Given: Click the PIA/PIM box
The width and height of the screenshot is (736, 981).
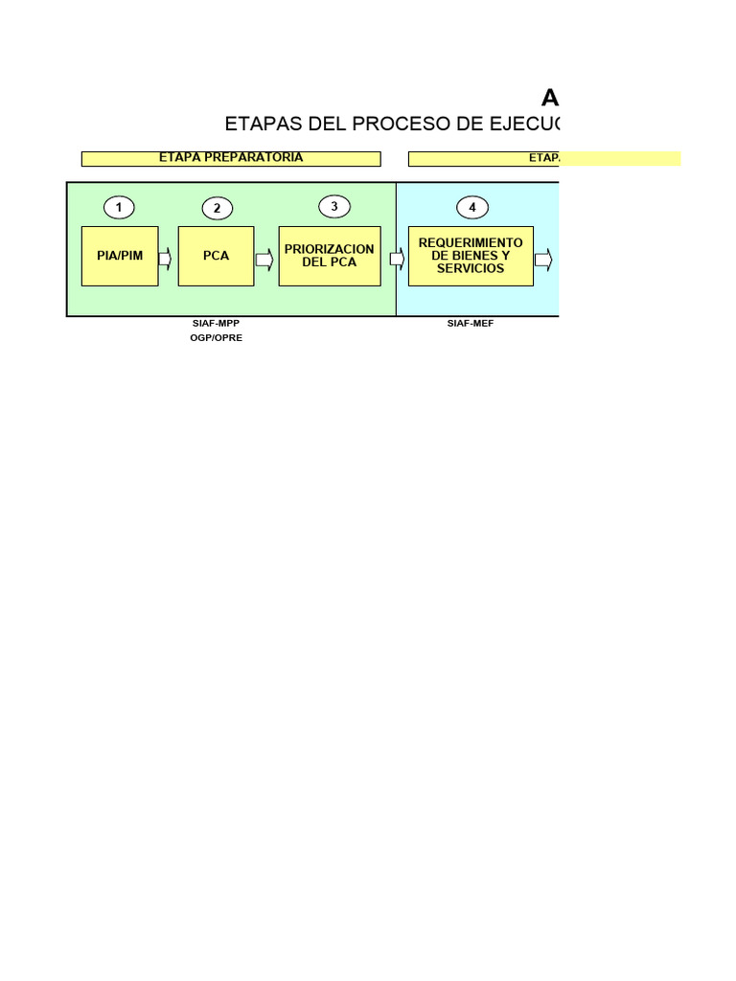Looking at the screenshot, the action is (120, 256).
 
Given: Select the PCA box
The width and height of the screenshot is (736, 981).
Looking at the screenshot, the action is (216, 256).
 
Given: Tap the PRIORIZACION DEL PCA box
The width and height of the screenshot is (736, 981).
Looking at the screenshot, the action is (329, 256).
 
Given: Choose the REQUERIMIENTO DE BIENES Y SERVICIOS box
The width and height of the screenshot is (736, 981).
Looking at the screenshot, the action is (471, 256).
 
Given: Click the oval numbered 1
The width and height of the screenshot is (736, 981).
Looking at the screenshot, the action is (119, 208).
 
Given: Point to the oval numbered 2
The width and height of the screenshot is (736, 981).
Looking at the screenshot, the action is (218, 208).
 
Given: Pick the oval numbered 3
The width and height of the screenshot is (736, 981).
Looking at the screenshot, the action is (334, 206).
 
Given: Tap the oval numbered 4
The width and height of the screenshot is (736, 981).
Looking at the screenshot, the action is (472, 207).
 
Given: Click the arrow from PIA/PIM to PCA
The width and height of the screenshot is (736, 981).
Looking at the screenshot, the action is (166, 258).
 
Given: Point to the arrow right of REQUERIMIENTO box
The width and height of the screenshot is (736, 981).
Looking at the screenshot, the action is (543, 259).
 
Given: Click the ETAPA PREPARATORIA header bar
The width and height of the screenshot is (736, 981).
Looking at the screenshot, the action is (231, 158).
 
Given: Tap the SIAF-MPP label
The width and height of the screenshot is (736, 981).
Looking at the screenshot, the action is (216, 324).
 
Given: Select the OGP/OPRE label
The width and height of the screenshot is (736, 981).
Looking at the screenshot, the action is (216, 338).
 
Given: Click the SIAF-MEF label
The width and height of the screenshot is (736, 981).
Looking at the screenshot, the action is (471, 324).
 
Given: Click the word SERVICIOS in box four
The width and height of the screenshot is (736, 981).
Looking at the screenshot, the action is (471, 269).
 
